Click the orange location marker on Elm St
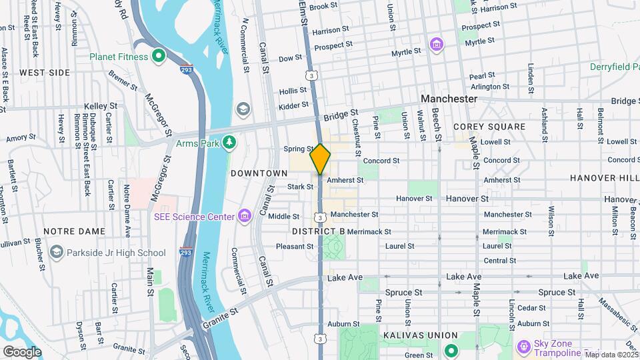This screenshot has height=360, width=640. (x=321, y=159)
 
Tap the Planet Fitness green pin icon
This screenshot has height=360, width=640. (x=158, y=57)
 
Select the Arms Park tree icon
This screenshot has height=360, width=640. (x=229, y=142)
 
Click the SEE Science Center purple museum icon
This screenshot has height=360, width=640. (x=245, y=216)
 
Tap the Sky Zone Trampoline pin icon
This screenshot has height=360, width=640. (x=523, y=345)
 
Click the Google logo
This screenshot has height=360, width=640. (x=22, y=351)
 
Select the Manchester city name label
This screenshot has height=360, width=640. (x=449, y=99)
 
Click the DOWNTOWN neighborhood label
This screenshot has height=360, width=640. (x=259, y=173)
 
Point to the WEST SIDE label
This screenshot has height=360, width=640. (x=45, y=72)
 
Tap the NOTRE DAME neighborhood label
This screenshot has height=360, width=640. (x=74, y=231)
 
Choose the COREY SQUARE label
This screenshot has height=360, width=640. (x=489, y=127)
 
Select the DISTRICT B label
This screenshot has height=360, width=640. (x=318, y=231)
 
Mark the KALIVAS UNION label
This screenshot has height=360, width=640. (x=420, y=335)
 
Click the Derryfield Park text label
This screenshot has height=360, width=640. (x=613, y=67)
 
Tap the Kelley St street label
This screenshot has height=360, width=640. (x=101, y=106)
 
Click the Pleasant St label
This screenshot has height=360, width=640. (x=290, y=246)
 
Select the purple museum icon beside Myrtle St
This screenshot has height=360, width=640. (x=437, y=45)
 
